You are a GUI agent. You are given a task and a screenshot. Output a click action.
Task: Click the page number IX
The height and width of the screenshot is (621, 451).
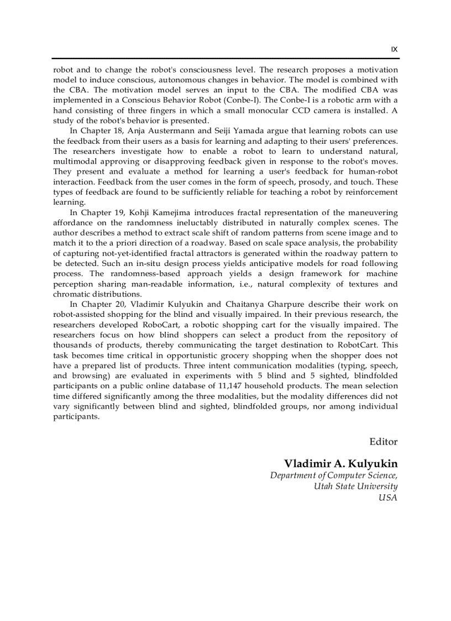tap(394, 49)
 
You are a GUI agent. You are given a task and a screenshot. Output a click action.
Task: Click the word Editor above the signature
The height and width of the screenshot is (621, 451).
tap(383, 441)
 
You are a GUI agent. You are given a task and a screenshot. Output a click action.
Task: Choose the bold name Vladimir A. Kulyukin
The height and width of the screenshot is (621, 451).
tap(340, 463)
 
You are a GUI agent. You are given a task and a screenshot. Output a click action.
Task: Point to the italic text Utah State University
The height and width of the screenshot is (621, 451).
tap(355, 486)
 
